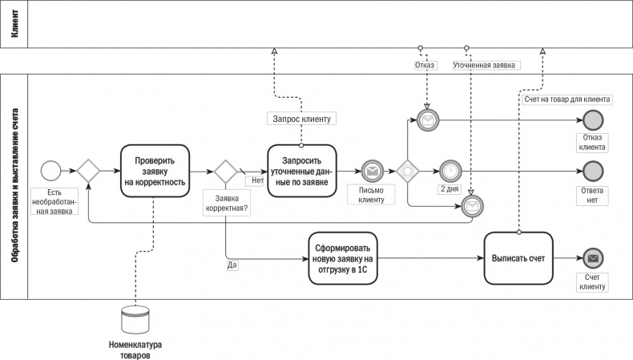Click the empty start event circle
tap(50, 171)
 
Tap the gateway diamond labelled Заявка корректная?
tap(225, 171)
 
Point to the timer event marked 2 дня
tap(450, 171)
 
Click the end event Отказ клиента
tap(593, 120)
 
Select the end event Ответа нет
tap(593, 171)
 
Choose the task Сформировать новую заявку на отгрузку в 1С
tap(342, 258)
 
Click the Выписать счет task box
tap(518, 258)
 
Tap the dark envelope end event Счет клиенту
tap(593, 258)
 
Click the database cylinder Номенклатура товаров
tap(135, 320)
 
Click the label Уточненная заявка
tap(485, 65)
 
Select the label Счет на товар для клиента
tap(567, 100)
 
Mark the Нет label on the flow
tap(257, 180)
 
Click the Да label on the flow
tap(232, 265)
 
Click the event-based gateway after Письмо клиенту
tap(408, 171)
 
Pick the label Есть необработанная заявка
tap(53, 201)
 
